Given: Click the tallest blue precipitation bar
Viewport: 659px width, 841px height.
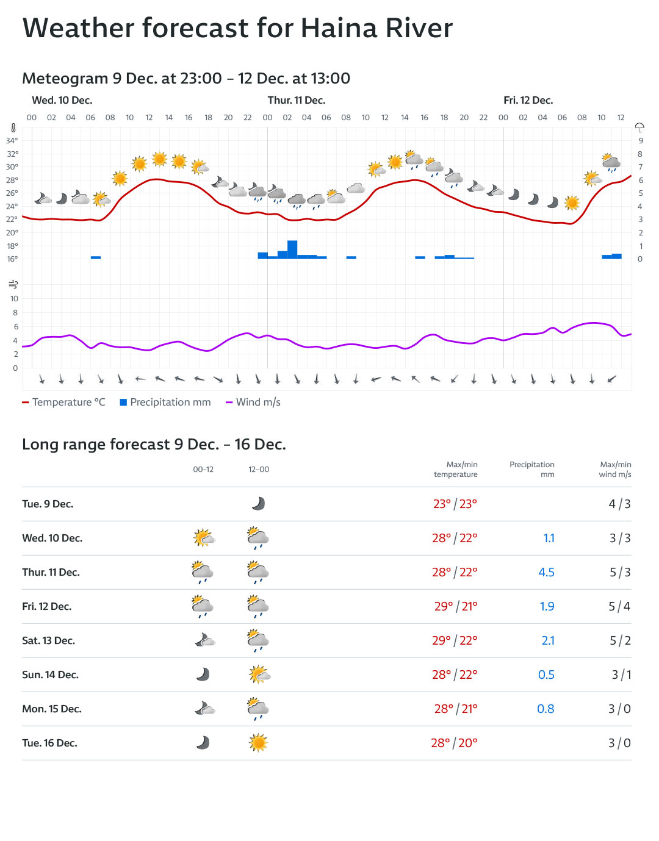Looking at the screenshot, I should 292,249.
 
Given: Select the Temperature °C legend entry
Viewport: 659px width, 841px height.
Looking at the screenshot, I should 63,403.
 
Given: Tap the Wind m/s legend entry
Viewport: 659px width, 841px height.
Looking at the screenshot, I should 253,403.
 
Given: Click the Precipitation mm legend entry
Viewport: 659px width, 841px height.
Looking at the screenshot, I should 165,403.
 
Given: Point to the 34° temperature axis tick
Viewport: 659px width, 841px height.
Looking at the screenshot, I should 12,140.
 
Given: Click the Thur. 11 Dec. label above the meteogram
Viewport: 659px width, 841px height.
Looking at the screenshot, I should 297,101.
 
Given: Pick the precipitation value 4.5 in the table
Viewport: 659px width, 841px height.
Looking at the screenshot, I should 546,573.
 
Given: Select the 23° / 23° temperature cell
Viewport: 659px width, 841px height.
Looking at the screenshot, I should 455,504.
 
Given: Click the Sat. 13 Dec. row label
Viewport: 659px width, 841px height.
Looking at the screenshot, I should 48,641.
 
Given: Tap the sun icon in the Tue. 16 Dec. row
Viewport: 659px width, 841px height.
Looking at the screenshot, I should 259,743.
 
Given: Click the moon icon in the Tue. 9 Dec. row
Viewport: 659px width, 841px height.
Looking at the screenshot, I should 259,504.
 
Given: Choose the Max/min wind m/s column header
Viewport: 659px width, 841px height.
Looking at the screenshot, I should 615,470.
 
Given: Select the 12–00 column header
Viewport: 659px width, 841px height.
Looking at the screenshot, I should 259,470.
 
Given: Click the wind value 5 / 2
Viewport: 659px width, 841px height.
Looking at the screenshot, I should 620,641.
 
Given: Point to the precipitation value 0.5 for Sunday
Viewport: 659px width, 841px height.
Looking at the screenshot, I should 546,675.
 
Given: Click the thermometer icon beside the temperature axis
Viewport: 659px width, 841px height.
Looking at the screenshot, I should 13,128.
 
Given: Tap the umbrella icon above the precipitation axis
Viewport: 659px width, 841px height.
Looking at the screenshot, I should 639,127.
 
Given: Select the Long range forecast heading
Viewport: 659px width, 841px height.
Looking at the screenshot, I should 154,445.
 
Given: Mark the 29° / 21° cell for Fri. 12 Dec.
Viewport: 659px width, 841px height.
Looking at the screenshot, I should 456,607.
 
